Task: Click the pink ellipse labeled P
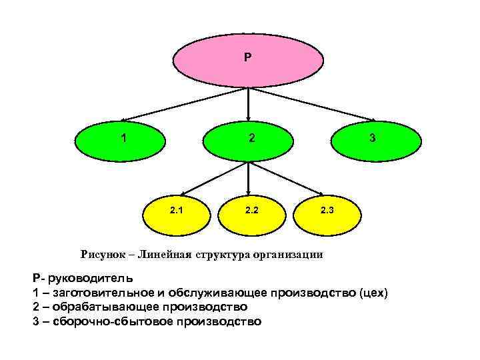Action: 248,59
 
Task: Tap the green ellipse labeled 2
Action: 248,140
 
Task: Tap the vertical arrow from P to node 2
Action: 249,103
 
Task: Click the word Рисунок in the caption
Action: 103,254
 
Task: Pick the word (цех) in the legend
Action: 373,293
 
